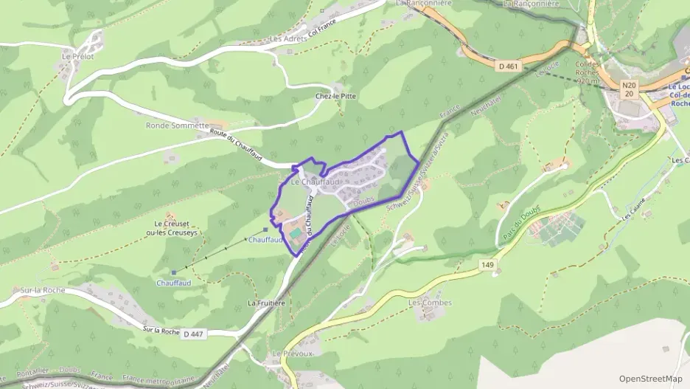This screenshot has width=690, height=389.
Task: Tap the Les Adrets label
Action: click(x=286, y=38)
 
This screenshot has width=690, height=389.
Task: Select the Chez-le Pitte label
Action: click(x=335, y=96)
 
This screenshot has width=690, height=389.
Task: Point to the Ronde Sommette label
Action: click(x=177, y=125)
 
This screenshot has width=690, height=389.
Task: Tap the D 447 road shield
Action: click(x=192, y=334)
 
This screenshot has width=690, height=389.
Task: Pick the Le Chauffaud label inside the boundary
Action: click(x=316, y=182)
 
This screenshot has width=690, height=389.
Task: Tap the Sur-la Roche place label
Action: click(x=43, y=290)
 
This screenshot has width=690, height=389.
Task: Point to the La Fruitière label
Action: click(x=266, y=303)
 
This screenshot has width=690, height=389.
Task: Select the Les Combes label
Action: click(x=430, y=303)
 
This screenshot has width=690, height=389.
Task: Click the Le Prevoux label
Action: click(x=293, y=354)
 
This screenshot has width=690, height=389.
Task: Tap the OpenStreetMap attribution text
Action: click(x=650, y=379)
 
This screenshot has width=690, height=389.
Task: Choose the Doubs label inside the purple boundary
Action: click(x=364, y=200)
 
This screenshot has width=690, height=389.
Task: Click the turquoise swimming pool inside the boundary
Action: click(x=296, y=233)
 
